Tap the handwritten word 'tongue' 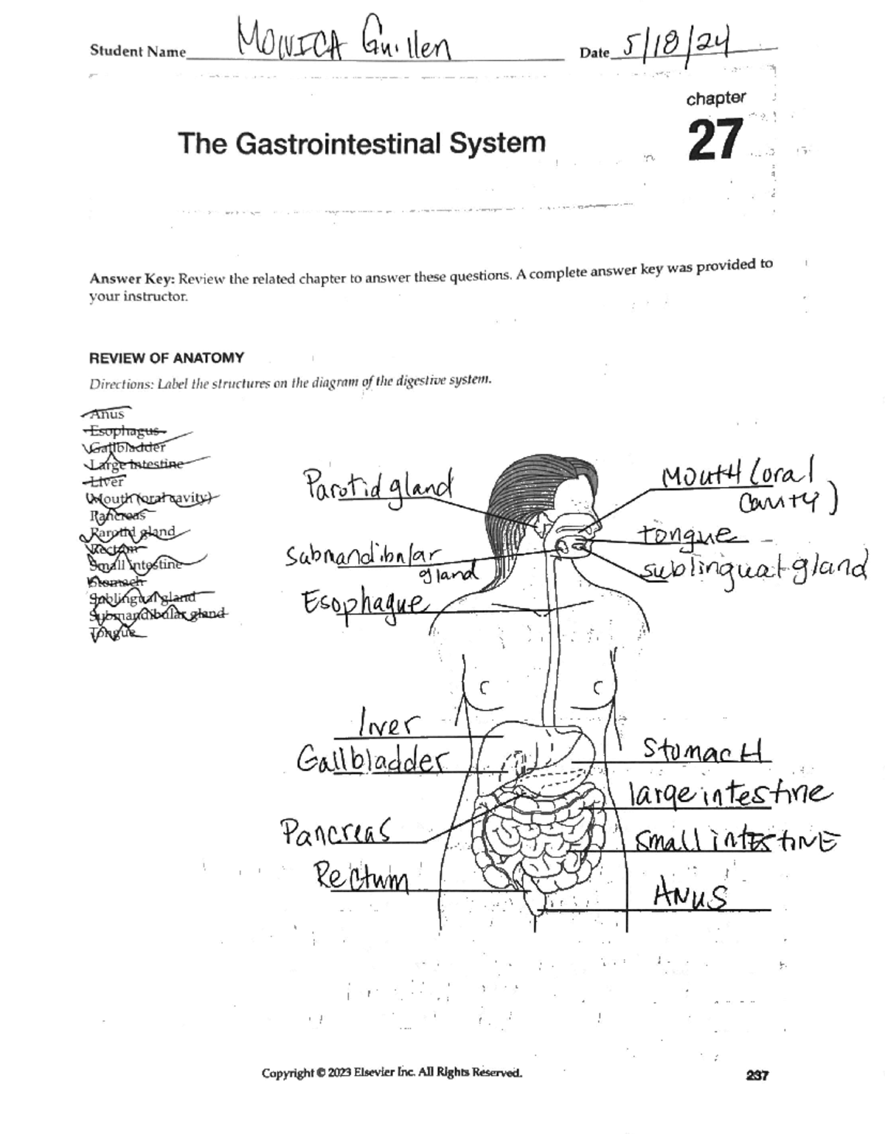(x=685, y=534)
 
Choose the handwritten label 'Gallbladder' (x=372, y=759)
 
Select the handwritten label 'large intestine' (x=729, y=794)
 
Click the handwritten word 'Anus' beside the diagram (x=690, y=896)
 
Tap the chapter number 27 (x=715, y=140)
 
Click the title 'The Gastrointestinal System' (x=361, y=142)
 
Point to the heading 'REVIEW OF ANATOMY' (x=166, y=358)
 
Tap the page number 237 (x=757, y=1075)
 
